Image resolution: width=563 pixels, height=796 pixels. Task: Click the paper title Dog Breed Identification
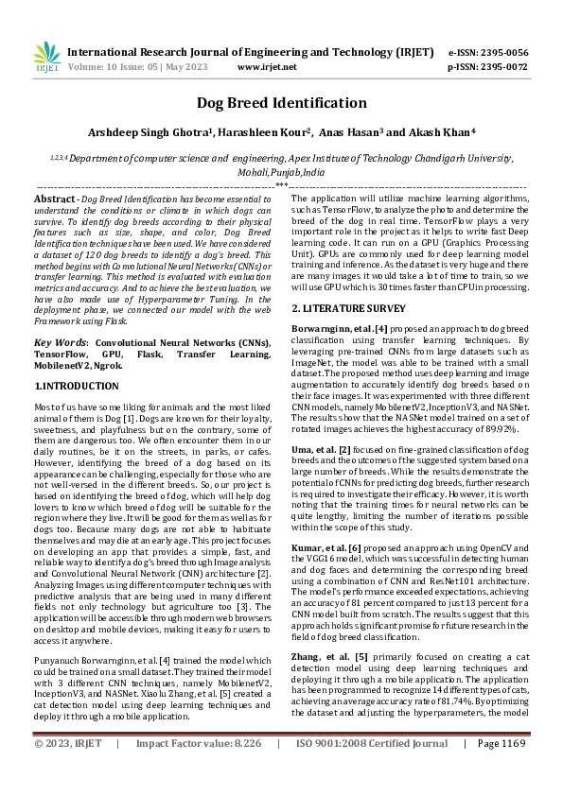281,103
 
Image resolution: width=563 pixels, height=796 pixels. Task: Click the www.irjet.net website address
267,67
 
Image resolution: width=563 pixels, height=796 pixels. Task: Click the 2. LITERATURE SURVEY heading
348,308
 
